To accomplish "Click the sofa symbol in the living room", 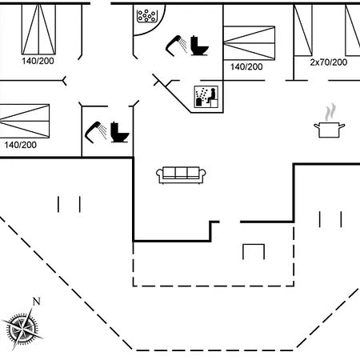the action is pos(181,175).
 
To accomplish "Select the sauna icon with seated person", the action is pos(206,97).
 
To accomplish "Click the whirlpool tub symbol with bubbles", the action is pos(146,16).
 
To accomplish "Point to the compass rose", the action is pos(22,328).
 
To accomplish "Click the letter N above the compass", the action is pos(37,302).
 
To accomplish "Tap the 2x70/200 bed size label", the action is pos(329,62).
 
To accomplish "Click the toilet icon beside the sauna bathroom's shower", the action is pos(199,46).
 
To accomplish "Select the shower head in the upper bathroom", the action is pos(176,46).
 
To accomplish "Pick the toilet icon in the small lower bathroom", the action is pos(119,132).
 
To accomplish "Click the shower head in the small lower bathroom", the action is pos(96,132).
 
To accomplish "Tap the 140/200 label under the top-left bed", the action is pos(38,61).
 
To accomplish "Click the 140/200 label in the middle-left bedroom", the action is pos(21,145).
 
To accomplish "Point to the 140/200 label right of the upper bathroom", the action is pos(246,66).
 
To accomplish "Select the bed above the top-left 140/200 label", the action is pos(38,29).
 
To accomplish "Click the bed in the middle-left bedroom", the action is pos(25,121).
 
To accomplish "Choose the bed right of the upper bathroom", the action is pos(249,42).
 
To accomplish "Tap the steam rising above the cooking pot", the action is pos(330,112).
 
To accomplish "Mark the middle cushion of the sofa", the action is pos(181,173).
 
